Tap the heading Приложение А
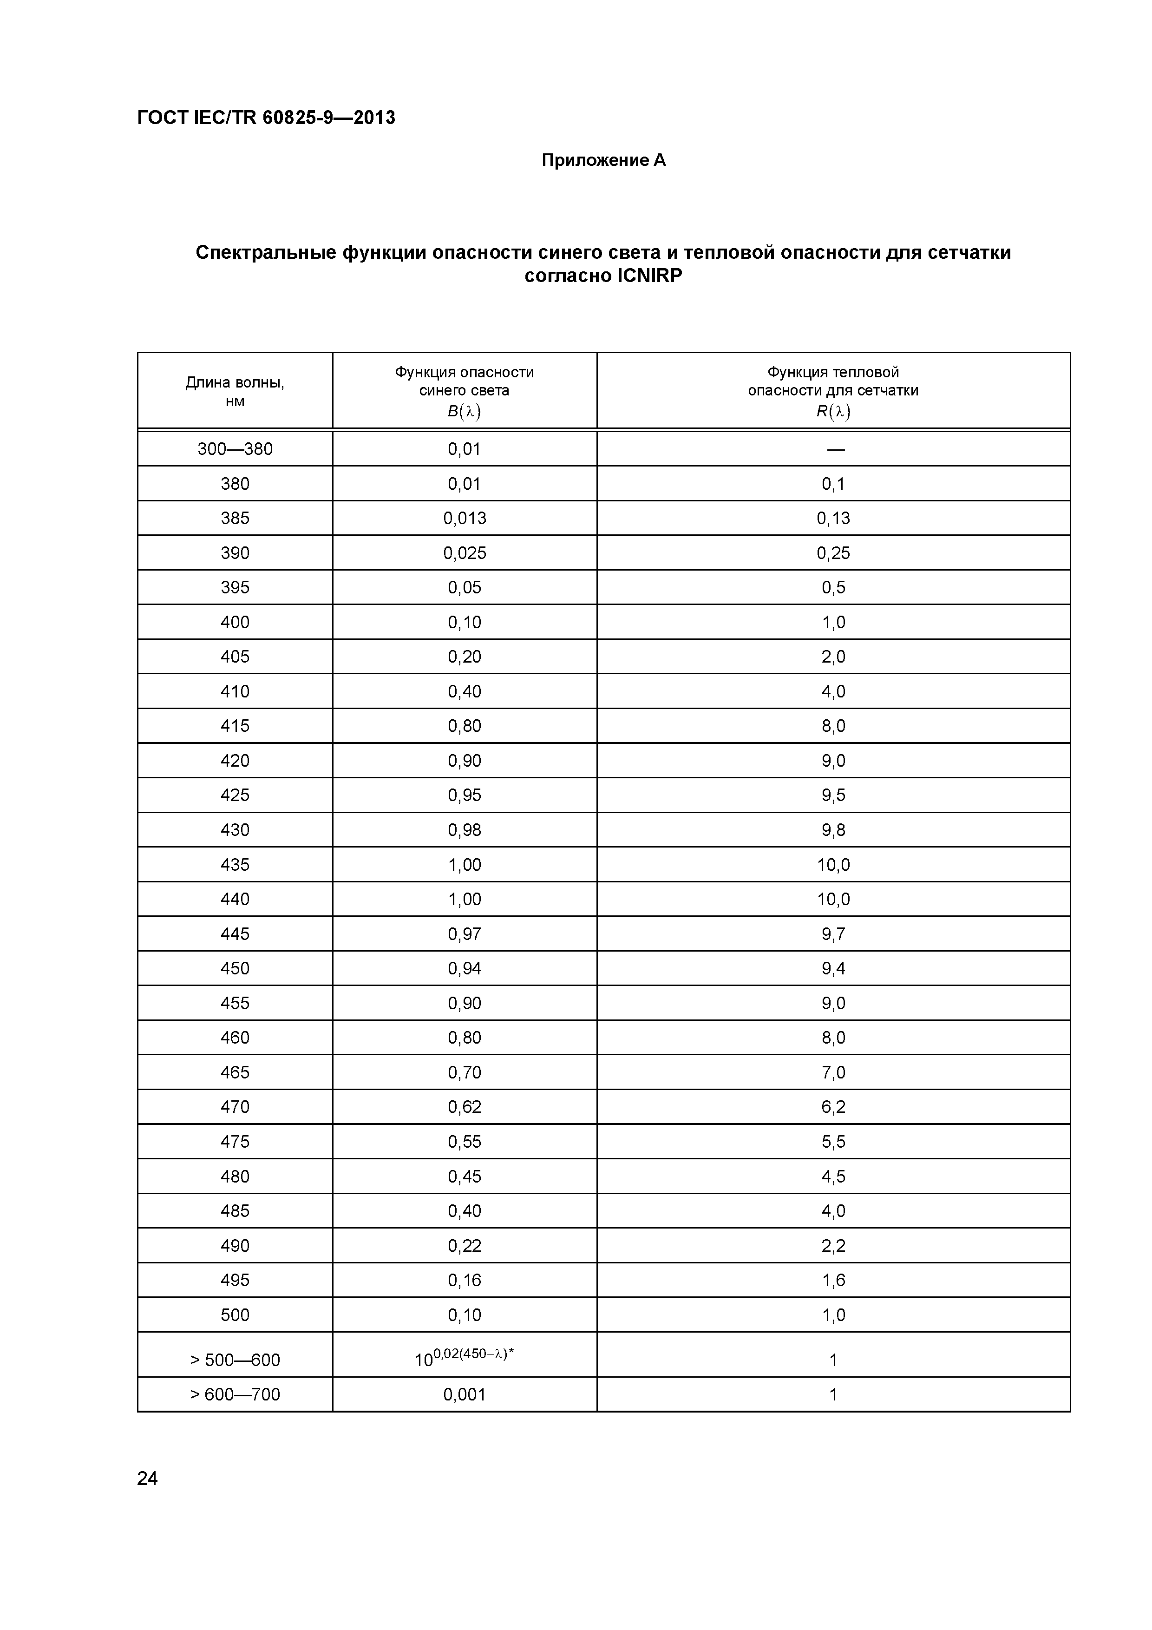[x=603, y=160]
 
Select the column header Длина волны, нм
[x=235, y=392]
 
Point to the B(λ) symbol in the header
[x=464, y=411]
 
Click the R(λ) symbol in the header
[x=833, y=411]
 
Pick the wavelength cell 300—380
[x=235, y=449]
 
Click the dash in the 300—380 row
[x=835, y=449]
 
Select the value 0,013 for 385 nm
[x=465, y=518]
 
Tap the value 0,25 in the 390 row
[x=833, y=553]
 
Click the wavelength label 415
[x=235, y=725]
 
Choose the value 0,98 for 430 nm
[x=465, y=830]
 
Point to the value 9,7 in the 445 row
[x=833, y=933]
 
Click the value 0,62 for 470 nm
[x=465, y=1107]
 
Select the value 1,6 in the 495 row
[x=833, y=1280]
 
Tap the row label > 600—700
[x=235, y=1394]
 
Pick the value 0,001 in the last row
[x=465, y=1394]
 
